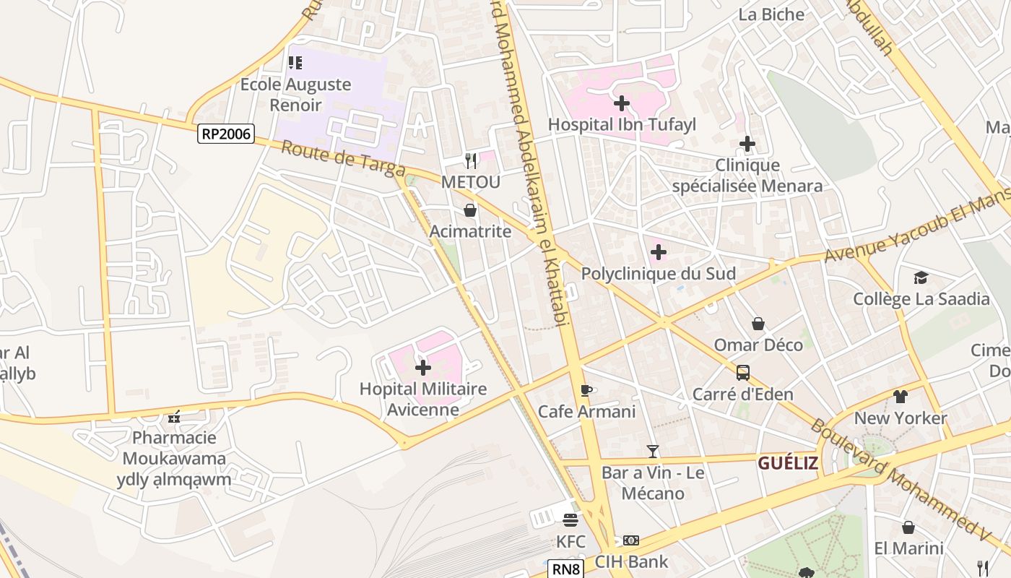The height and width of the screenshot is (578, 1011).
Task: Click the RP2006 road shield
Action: [x=226, y=133]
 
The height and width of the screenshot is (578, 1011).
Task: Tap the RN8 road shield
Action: [x=566, y=569]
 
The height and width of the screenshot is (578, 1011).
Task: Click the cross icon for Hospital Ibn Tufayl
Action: [x=621, y=103]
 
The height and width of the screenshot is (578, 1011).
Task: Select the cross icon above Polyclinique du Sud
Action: [x=658, y=252]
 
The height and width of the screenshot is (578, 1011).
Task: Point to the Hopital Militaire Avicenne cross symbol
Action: [x=423, y=368]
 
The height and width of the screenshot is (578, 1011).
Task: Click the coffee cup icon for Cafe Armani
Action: [x=586, y=391]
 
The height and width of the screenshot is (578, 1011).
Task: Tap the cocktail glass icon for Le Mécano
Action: [x=653, y=452]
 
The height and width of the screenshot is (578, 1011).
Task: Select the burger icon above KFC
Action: [x=570, y=520]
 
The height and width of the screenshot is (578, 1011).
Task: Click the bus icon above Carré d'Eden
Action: [x=742, y=373]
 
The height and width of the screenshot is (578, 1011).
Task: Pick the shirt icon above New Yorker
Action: [x=900, y=397]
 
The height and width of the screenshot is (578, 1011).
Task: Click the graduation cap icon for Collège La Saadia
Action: [x=920, y=277]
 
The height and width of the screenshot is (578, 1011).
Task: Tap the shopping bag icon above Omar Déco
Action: [x=758, y=324]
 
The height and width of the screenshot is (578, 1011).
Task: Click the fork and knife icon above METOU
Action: [x=471, y=160]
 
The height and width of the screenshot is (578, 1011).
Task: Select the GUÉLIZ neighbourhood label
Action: [x=787, y=463]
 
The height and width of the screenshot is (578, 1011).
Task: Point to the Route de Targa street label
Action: [x=342, y=158]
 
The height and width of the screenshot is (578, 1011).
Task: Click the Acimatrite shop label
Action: [x=470, y=231]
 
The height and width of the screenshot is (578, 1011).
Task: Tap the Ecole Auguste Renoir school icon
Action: [x=295, y=63]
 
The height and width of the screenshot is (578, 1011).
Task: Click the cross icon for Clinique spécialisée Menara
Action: [x=747, y=144]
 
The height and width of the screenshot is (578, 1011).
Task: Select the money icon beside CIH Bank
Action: [x=630, y=540]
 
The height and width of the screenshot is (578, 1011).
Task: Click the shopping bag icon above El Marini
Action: [x=908, y=527]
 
